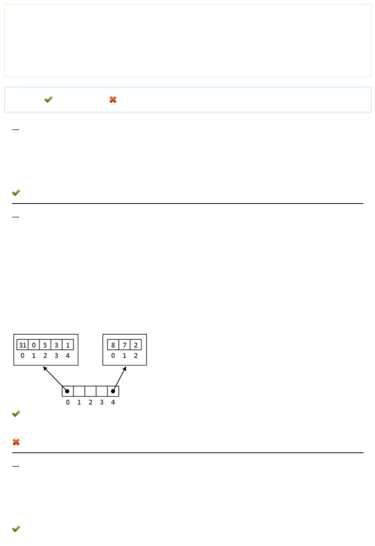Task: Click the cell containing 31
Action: (x=22, y=345)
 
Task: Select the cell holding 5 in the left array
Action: (x=45, y=345)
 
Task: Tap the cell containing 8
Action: (x=113, y=345)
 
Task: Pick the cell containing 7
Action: (x=124, y=345)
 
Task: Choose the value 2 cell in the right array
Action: (x=136, y=345)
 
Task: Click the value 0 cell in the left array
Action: (x=34, y=345)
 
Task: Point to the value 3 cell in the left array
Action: (x=56, y=345)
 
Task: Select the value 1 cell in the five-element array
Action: (x=68, y=345)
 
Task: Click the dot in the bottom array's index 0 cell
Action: (x=67, y=391)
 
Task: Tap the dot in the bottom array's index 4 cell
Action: (x=113, y=391)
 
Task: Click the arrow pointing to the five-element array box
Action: (x=54, y=378)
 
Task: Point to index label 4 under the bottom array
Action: (x=113, y=402)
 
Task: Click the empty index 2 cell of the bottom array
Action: (x=90, y=391)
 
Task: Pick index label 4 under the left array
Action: (x=68, y=356)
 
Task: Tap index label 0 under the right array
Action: (x=113, y=356)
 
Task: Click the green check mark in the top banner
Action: (x=48, y=100)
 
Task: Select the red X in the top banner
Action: (x=113, y=100)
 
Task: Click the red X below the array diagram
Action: (x=16, y=442)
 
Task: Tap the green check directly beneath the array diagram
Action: (x=16, y=413)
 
